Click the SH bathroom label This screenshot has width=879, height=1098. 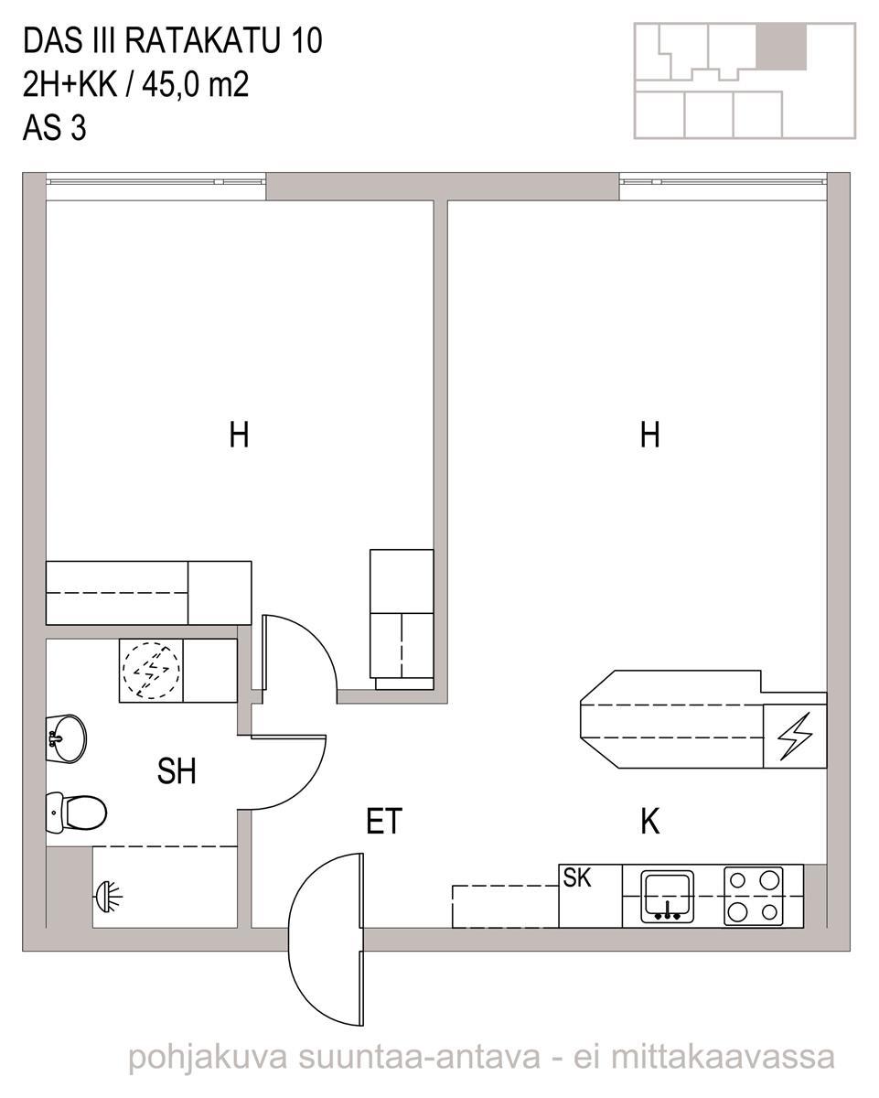177,771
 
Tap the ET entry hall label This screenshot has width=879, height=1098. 384,821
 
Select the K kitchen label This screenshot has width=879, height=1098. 649,821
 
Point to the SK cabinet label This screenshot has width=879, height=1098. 577,877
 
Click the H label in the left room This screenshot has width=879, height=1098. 239,435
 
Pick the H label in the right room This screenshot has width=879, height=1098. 649,435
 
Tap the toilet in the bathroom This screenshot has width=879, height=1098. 76,813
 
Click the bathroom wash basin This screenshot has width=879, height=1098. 66,738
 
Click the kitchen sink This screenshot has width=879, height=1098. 668,897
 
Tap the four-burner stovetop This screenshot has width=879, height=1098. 753,897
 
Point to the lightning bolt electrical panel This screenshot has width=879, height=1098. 794,736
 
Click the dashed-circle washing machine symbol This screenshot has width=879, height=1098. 151,671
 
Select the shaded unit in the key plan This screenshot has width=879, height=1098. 780,47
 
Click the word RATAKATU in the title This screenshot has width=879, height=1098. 202,41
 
